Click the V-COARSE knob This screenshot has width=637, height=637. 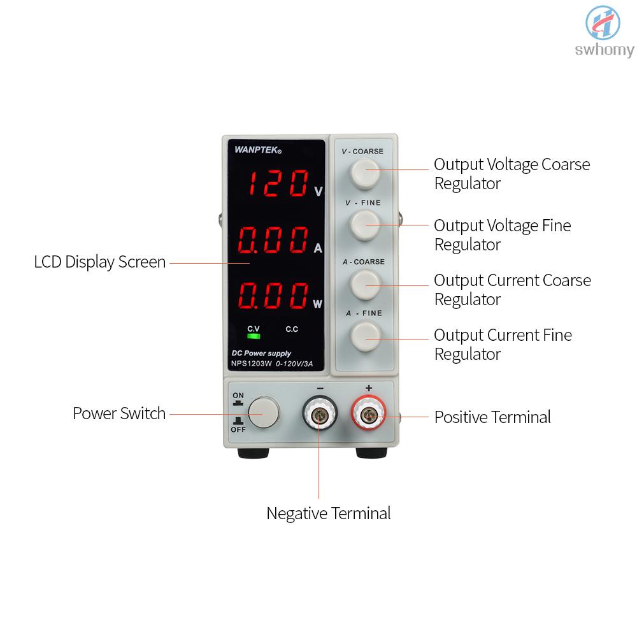[x=365, y=174]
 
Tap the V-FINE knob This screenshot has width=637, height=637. [x=365, y=225]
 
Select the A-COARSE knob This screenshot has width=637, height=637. [x=365, y=284]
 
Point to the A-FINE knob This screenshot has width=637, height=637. [x=365, y=336]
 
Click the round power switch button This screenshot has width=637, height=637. [x=264, y=412]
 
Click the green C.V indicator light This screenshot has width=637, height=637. [x=254, y=336]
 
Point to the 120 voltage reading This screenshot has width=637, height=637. [x=278, y=183]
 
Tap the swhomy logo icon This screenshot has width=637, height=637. [x=603, y=23]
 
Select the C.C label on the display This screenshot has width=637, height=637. [x=292, y=329]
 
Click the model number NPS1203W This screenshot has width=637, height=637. [x=251, y=364]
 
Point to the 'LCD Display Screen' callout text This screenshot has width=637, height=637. [x=100, y=262]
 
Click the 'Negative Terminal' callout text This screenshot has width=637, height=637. [x=329, y=513]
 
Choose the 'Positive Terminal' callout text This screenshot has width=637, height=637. [x=492, y=417]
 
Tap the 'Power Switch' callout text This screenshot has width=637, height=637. [x=120, y=413]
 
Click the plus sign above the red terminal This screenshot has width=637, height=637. [x=369, y=388]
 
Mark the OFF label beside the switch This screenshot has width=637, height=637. [x=238, y=429]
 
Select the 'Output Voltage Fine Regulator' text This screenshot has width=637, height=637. [x=503, y=235]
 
